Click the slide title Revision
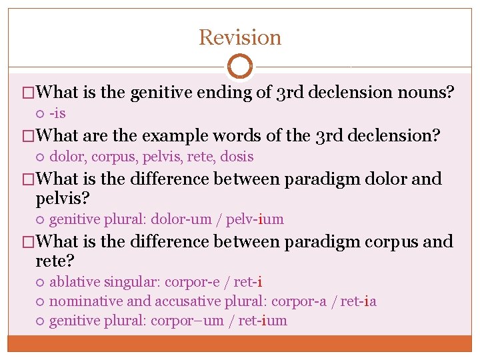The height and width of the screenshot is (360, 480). tap(240, 37)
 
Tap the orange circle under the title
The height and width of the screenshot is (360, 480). tap(240, 67)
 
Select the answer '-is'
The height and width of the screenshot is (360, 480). tap(57, 113)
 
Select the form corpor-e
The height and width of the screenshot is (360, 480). tap(191, 282)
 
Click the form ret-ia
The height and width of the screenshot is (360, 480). tap(359, 301)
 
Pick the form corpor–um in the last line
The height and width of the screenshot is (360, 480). tap(187, 321)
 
